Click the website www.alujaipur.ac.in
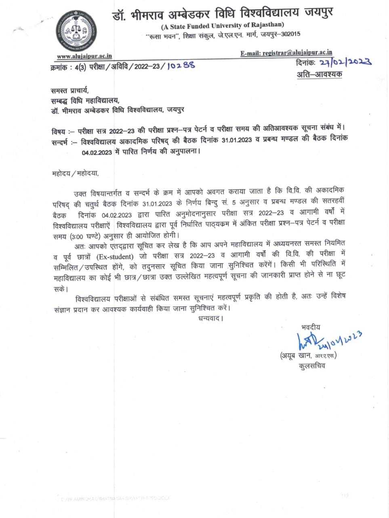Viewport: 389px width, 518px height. click(84, 56)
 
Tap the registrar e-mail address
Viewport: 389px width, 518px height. click(286, 53)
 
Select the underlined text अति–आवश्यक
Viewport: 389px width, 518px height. click(319, 74)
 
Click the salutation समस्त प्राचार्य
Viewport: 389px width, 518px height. click(69, 90)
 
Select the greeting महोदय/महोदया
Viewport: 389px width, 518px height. click(75, 174)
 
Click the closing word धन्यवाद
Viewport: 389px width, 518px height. click(210, 318)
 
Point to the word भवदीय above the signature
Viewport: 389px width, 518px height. click(311, 327)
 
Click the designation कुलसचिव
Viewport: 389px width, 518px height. click(312, 366)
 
